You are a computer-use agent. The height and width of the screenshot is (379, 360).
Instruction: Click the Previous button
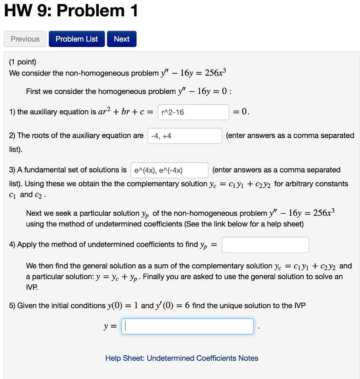coord(25,39)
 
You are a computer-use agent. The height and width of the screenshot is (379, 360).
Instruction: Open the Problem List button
coord(77,39)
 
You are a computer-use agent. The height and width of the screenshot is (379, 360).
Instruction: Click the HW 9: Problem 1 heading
coord(71,11)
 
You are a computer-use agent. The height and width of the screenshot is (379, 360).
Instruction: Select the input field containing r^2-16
coord(193,112)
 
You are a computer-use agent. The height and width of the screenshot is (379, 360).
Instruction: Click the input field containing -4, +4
coord(184,136)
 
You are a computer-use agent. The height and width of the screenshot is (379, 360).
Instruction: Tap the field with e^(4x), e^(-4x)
coord(169,170)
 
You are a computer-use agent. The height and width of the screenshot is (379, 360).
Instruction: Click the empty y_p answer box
coord(265,245)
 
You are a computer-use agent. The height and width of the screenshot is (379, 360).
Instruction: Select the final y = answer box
coord(187,326)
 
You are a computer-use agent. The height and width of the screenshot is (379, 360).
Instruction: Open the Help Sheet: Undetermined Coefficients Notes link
coord(182,358)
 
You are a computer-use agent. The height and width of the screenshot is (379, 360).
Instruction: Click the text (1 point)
coord(23,62)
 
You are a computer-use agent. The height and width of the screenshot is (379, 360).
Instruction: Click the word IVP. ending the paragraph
coord(32,287)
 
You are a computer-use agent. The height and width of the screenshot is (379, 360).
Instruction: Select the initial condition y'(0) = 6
coord(173,306)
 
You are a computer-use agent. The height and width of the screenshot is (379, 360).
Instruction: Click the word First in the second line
coord(34,91)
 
